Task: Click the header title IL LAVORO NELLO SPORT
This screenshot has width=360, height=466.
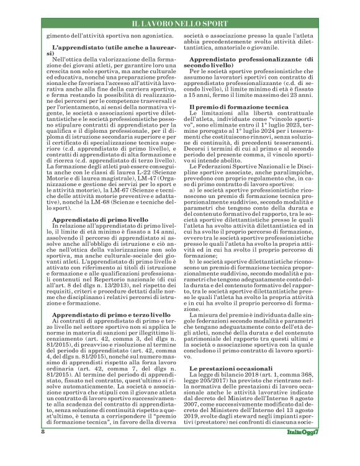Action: (x=180, y=24)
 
